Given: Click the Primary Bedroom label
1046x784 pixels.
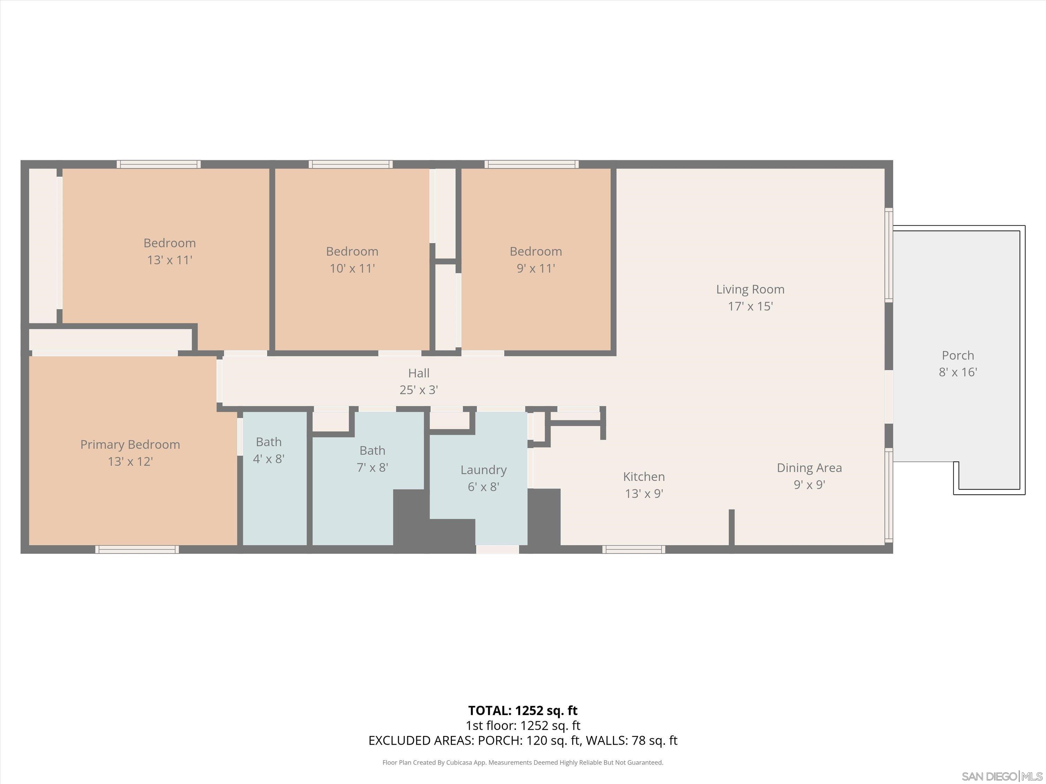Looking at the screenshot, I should (x=130, y=444).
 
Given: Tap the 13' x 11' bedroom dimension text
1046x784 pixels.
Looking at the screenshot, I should (x=169, y=260).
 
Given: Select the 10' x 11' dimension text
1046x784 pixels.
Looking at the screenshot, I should (x=352, y=268).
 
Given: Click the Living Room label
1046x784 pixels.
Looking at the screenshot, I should (x=750, y=289).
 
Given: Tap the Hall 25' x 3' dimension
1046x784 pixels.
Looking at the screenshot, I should (x=418, y=390).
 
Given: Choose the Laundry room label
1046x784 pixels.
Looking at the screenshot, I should (x=483, y=470).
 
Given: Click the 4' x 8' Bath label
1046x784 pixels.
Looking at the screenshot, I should (x=268, y=442).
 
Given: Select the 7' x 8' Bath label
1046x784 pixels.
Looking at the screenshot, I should (x=372, y=450).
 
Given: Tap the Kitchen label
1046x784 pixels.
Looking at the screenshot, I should (x=644, y=476).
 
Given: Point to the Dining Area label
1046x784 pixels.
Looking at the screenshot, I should (x=809, y=468).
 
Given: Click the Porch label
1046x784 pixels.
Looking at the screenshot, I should (x=957, y=355).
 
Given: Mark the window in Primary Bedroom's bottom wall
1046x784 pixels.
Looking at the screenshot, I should (x=137, y=549).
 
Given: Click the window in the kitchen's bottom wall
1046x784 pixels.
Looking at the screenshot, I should (x=634, y=549).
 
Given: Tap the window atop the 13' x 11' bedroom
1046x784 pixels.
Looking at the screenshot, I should (x=159, y=164).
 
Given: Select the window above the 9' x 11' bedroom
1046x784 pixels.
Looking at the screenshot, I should (x=531, y=164).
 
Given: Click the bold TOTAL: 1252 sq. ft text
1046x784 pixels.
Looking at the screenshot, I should (x=523, y=710).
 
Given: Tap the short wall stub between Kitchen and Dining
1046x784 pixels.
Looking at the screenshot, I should (x=731, y=527).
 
